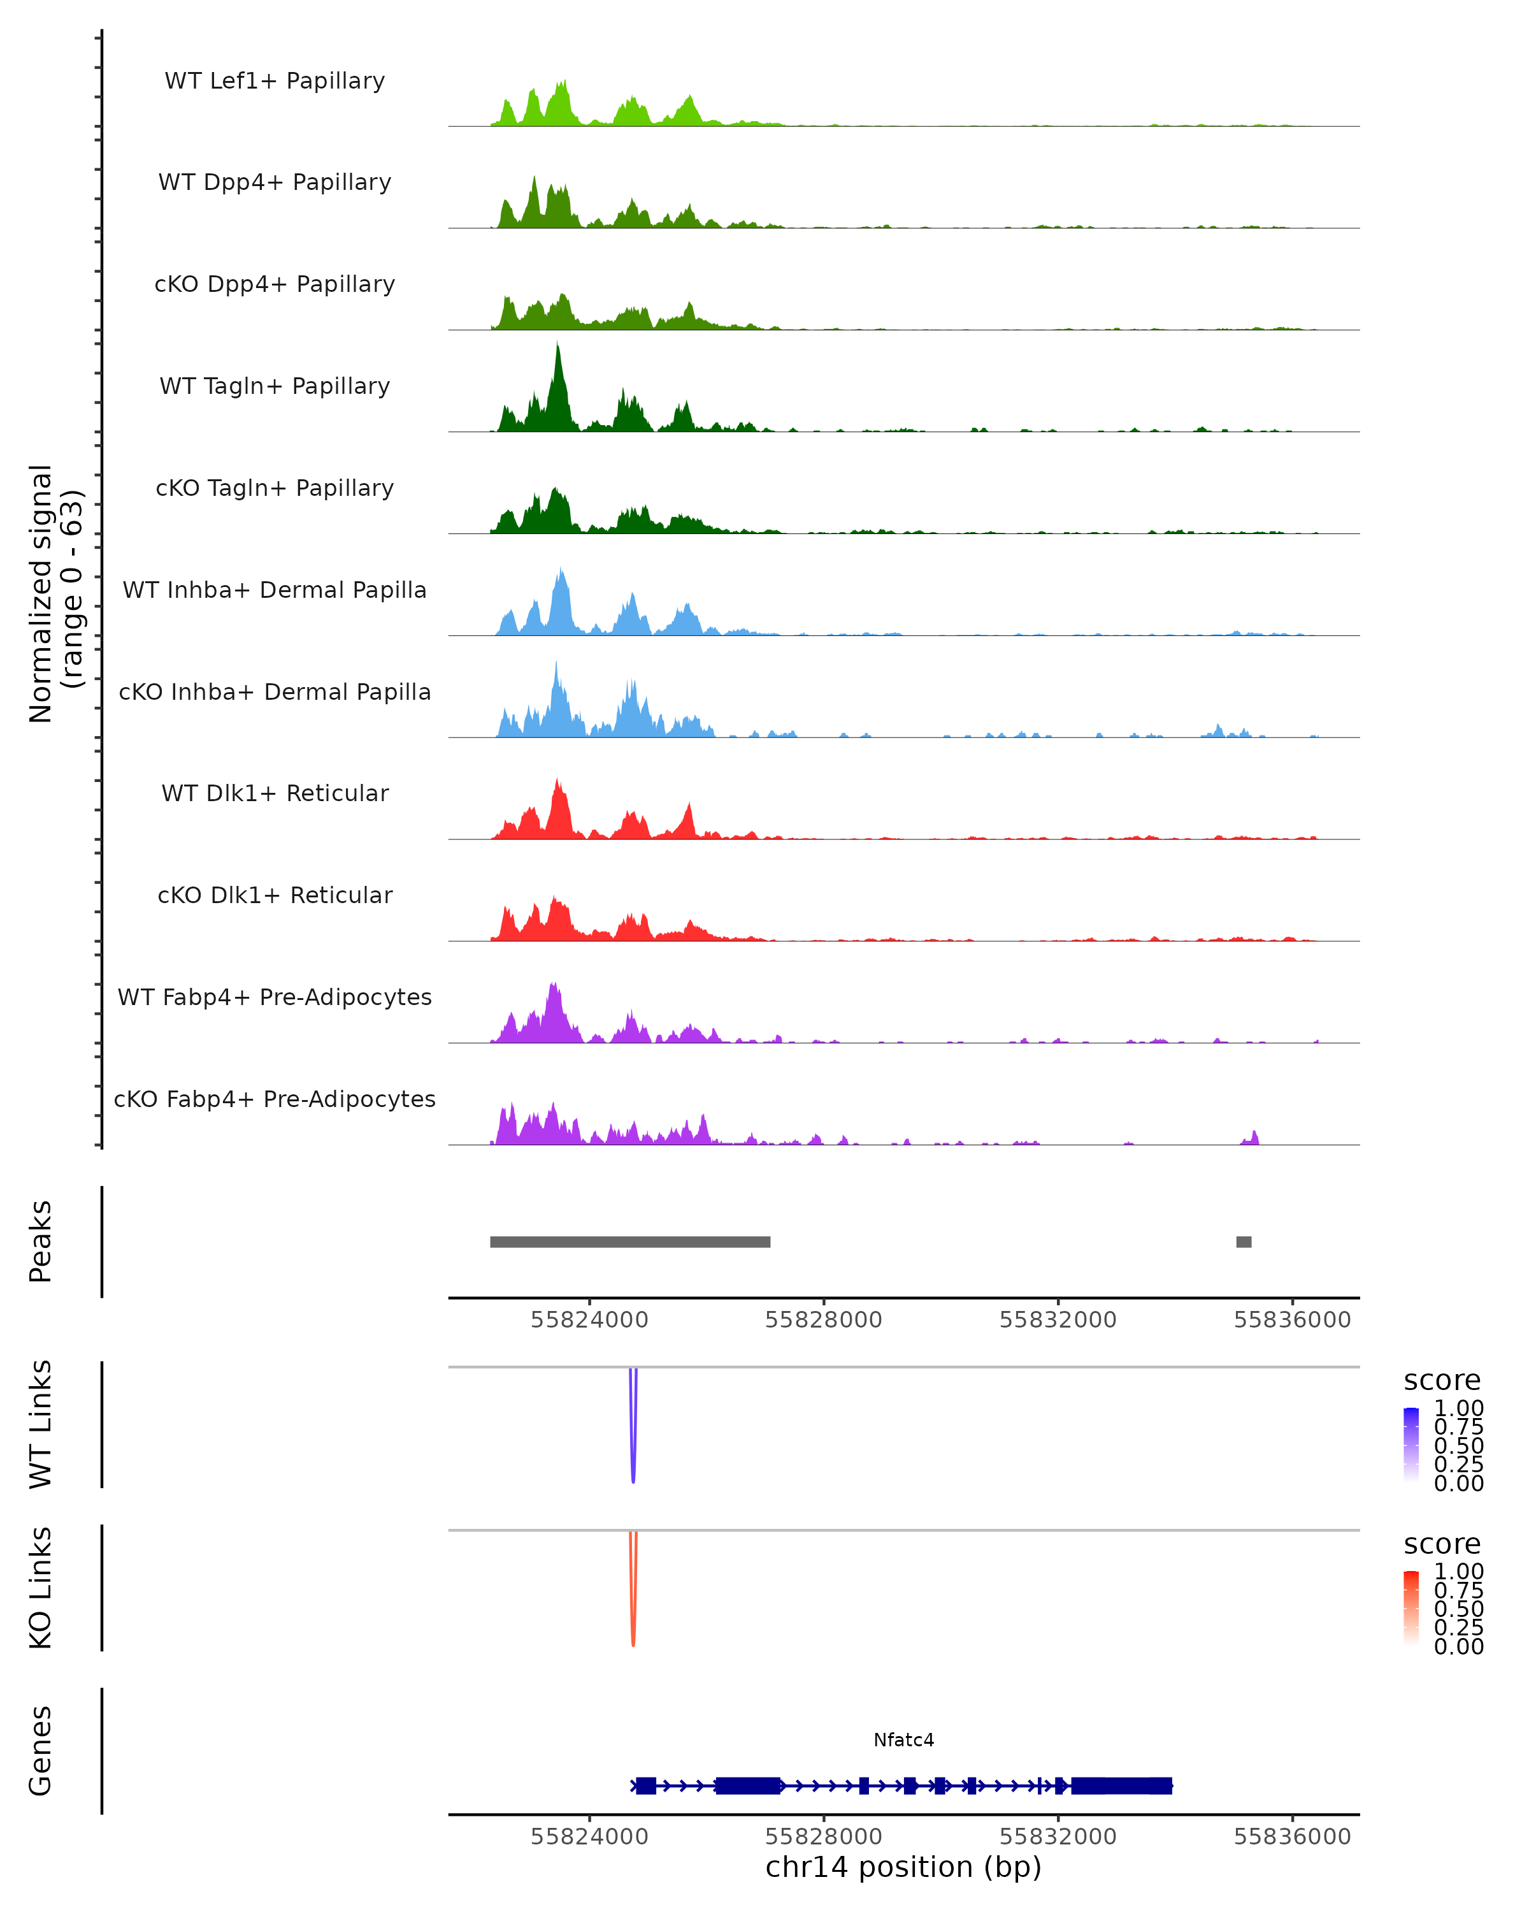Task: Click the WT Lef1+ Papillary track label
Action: click(x=275, y=81)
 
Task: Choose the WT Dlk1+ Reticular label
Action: click(x=275, y=793)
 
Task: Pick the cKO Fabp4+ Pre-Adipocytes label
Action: click(x=275, y=1099)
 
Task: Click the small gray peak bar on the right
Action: click(x=1244, y=1242)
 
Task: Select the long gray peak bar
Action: click(x=630, y=1242)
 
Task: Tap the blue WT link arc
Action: click(x=633, y=1454)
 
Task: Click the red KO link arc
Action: click(x=633, y=1618)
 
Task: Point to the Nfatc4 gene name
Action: click(x=903, y=1740)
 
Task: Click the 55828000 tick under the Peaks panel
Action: click(x=824, y=1320)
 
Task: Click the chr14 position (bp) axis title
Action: click(x=903, y=1867)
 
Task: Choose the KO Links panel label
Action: click(x=41, y=1588)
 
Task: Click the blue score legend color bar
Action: click(x=1411, y=1444)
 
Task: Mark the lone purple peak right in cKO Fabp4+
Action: click(x=1253, y=1138)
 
